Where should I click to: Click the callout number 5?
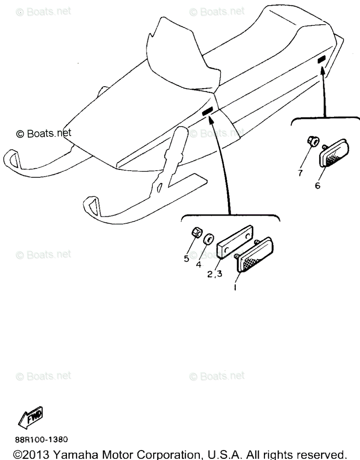[x=187, y=259]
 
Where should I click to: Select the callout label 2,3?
[x=215, y=274]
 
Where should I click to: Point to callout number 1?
[x=236, y=287]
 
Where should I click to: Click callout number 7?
[x=300, y=173]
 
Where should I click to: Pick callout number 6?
[x=318, y=186]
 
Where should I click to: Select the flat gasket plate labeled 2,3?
[x=235, y=242]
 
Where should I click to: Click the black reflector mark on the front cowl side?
[x=207, y=111]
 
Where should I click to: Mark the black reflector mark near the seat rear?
[x=321, y=59]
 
